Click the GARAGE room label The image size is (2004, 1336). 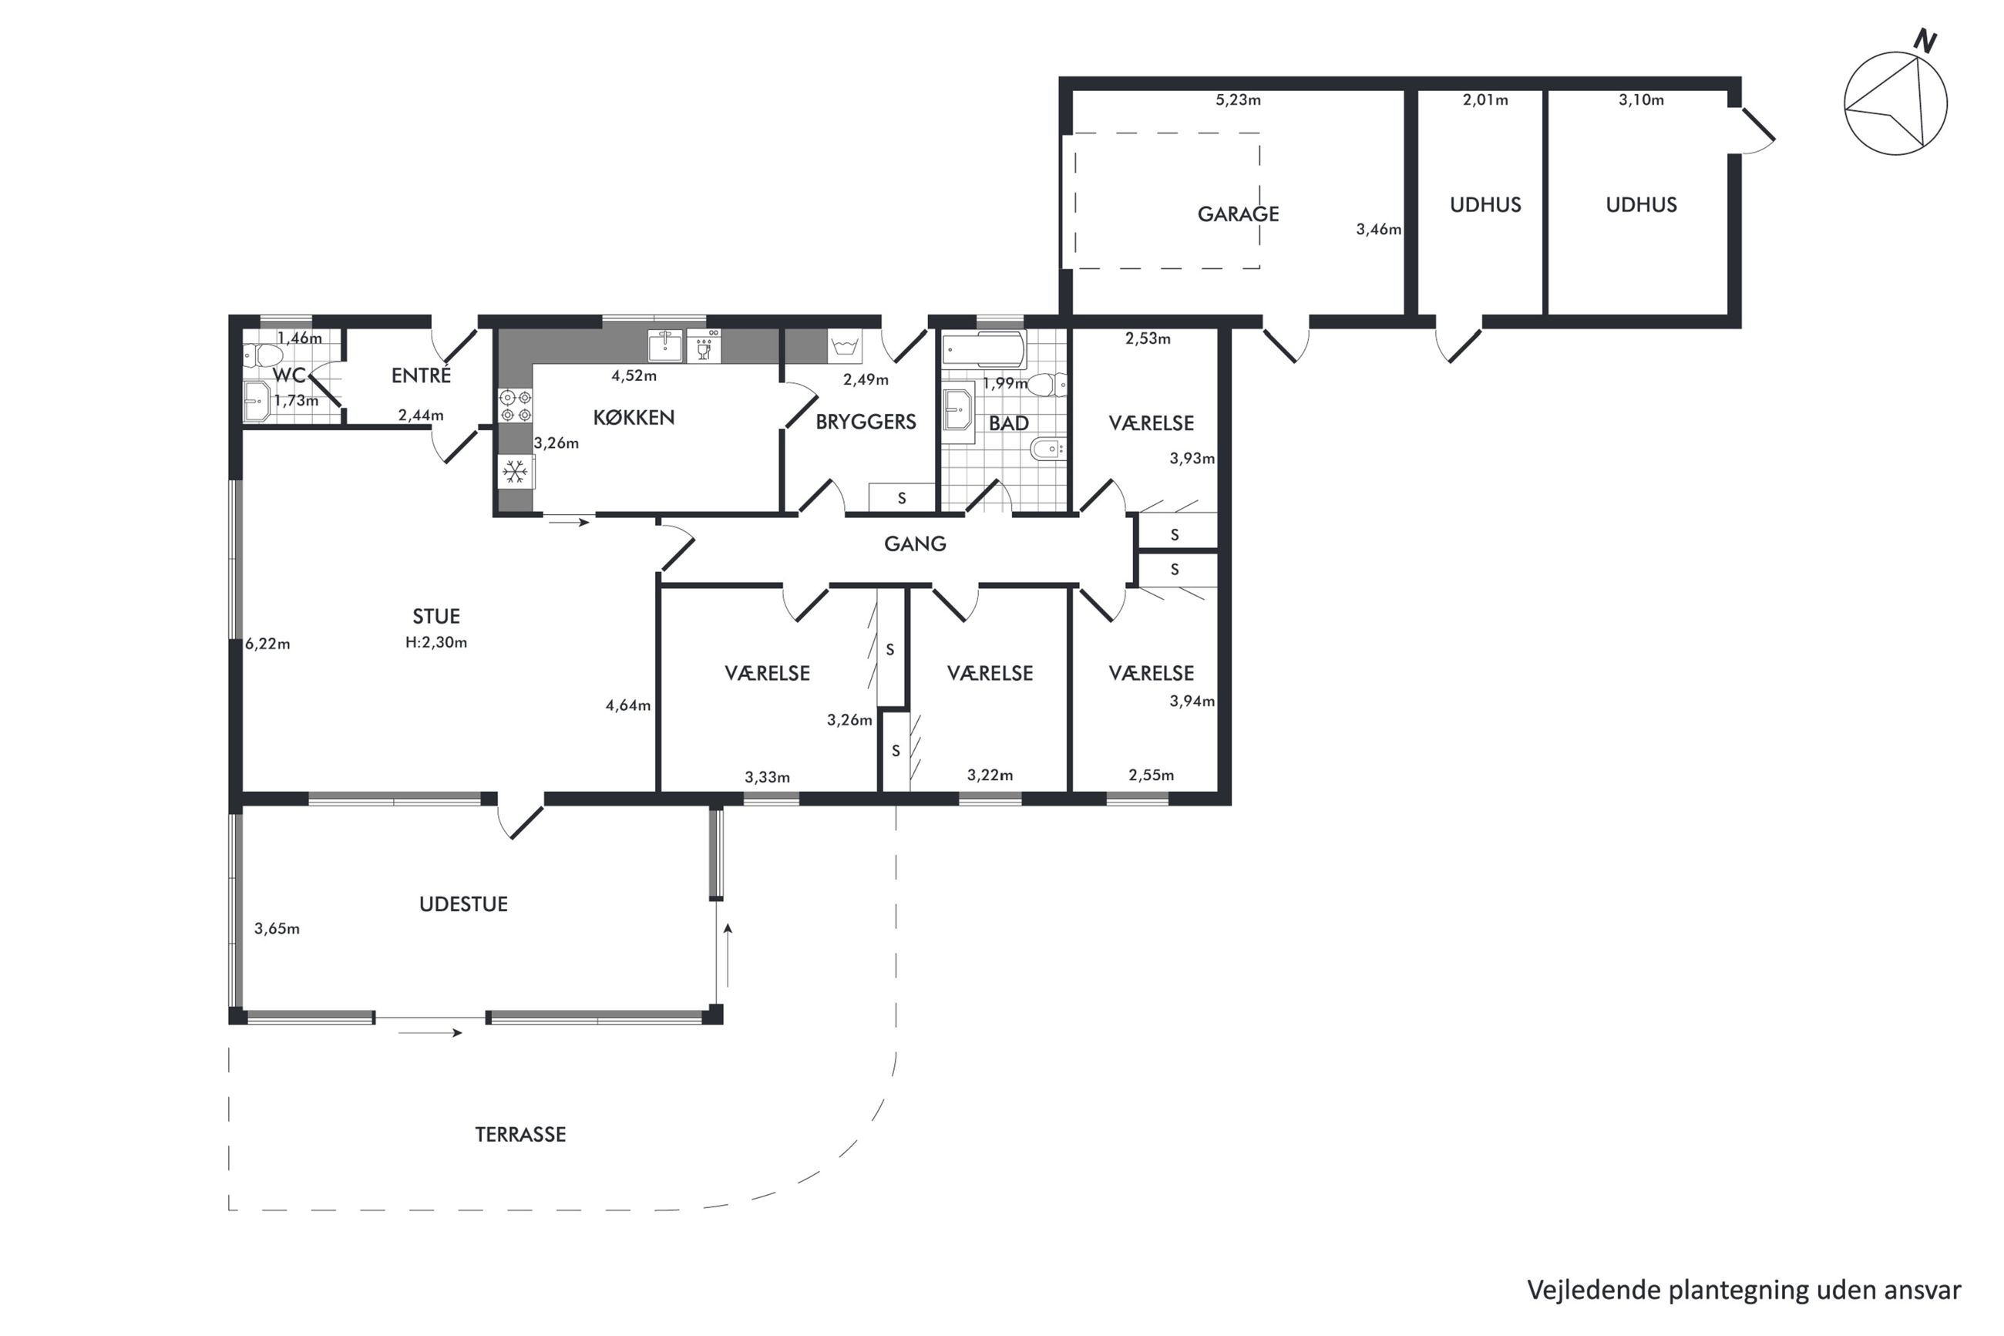[1238, 214]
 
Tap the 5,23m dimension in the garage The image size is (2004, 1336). [1238, 99]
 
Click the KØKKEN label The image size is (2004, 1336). [634, 418]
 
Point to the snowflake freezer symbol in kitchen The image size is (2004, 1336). [513, 471]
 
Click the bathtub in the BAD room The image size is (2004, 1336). [984, 349]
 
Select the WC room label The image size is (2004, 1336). [289, 375]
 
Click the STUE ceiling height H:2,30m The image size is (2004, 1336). [436, 642]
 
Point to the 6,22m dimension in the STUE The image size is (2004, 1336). [267, 644]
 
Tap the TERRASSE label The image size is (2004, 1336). [520, 1134]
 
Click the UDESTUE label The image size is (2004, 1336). [463, 904]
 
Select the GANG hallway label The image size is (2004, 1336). [915, 543]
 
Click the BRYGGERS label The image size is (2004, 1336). [866, 422]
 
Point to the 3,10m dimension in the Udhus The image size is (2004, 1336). [1641, 99]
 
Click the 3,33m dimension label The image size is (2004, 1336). [768, 777]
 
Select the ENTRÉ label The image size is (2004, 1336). [421, 375]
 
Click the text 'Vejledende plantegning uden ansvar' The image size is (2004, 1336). [1744, 1290]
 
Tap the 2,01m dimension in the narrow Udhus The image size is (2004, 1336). [1485, 99]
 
